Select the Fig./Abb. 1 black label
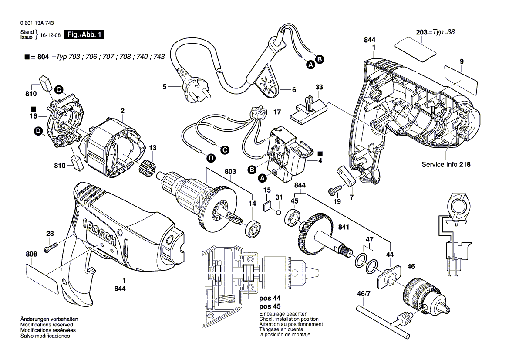tap(84, 35)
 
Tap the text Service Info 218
tap(446, 165)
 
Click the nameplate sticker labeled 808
tap(42, 279)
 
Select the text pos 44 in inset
tap(270, 299)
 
